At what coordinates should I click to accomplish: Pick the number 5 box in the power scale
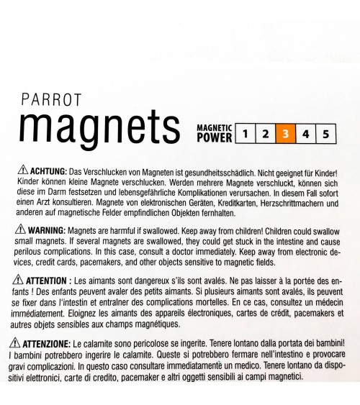pyautogui.click(x=326, y=134)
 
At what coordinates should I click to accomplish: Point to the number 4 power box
pyautogui.click(x=306, y=134)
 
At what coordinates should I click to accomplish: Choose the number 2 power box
pyautogui.click(x=266, y=134)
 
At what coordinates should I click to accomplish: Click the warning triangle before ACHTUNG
pyautogui.click(x=21, y=173)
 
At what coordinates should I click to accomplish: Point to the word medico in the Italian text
pyautogui.click(x=239, y=365)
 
